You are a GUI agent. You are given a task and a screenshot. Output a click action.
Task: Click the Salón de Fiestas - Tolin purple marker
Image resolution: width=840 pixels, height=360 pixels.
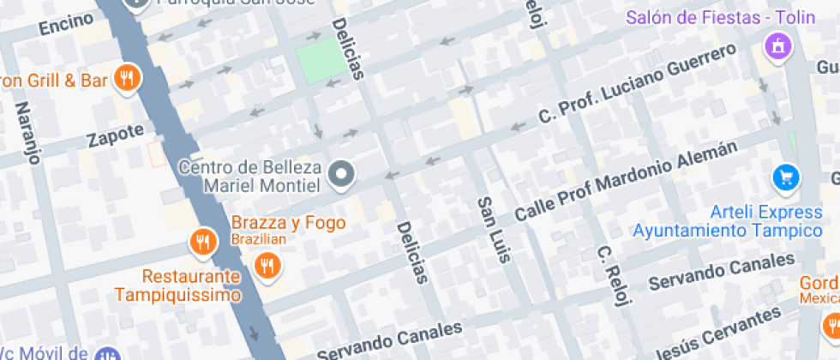(778, 45)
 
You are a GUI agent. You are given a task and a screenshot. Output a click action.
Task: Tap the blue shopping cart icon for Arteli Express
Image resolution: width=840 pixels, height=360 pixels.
(786, 178)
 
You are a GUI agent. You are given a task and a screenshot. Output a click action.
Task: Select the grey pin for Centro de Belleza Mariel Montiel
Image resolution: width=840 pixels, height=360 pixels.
(342, 176)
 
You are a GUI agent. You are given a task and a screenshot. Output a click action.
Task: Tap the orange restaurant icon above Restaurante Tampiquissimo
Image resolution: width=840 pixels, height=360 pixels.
(202, 243)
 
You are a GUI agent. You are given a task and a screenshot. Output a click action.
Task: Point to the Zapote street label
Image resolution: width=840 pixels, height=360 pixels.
(115, 135)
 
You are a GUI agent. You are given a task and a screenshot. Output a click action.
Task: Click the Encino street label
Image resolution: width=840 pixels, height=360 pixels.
(66, 25)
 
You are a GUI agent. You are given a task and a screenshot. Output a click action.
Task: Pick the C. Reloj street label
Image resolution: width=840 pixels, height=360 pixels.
(614, 276)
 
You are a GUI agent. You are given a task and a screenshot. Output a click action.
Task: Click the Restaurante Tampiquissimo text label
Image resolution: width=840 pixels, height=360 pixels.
(191, 286)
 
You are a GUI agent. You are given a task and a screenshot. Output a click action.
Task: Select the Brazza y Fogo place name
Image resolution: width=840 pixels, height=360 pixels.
(288, 223)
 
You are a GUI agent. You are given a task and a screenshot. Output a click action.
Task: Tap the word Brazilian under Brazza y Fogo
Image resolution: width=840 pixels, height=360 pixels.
(259, 239)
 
